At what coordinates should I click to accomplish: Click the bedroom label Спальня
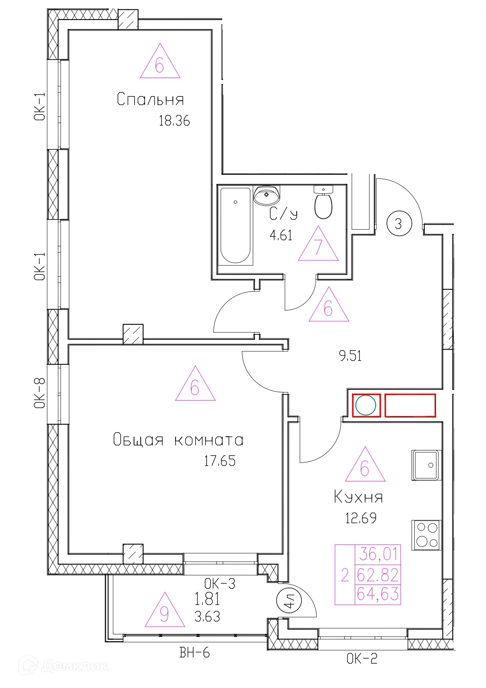coord(151,99)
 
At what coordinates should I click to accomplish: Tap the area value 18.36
coord(174,121)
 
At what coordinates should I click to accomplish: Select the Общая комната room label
coord(178,440)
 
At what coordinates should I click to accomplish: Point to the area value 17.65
coord(220,461)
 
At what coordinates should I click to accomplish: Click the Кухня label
coord(359,497)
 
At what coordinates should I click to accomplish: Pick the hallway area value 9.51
coord(350,356)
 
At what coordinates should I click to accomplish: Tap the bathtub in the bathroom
coord(236,226)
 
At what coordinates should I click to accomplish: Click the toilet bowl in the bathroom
coord(323,203)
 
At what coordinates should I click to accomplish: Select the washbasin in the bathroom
coord(267,195)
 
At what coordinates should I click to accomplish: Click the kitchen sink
coord(426,465)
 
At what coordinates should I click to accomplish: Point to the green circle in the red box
coord(366,405)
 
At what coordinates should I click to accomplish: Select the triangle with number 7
coord(318,244)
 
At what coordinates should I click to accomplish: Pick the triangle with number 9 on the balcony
coord(165,610)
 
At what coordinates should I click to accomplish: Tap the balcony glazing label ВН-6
coord(194,653)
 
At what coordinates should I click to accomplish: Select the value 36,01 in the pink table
coord(379,554)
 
